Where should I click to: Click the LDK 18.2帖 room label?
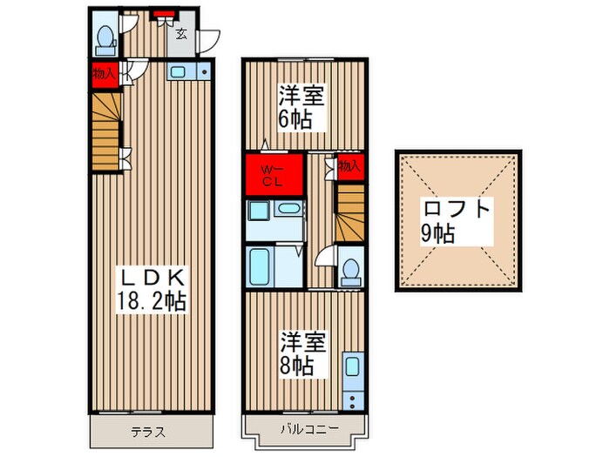(152, 290)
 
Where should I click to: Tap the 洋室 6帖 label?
(301, 108)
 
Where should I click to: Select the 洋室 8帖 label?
(302, 354)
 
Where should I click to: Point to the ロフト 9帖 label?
(457, 221)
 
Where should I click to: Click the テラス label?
(148, 432)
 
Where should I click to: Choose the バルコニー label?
(310, 429)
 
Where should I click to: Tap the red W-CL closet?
(274, 174)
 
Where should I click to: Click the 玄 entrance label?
(181, 34)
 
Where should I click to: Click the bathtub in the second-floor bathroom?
(260, 267)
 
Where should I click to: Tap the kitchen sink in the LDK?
(179, 72)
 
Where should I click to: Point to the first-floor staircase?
(106, 131)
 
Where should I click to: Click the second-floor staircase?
(350, 213)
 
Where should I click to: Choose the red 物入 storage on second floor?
(350, 167)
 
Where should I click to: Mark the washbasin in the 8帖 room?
(352, 366)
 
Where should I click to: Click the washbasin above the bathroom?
(288, 208)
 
